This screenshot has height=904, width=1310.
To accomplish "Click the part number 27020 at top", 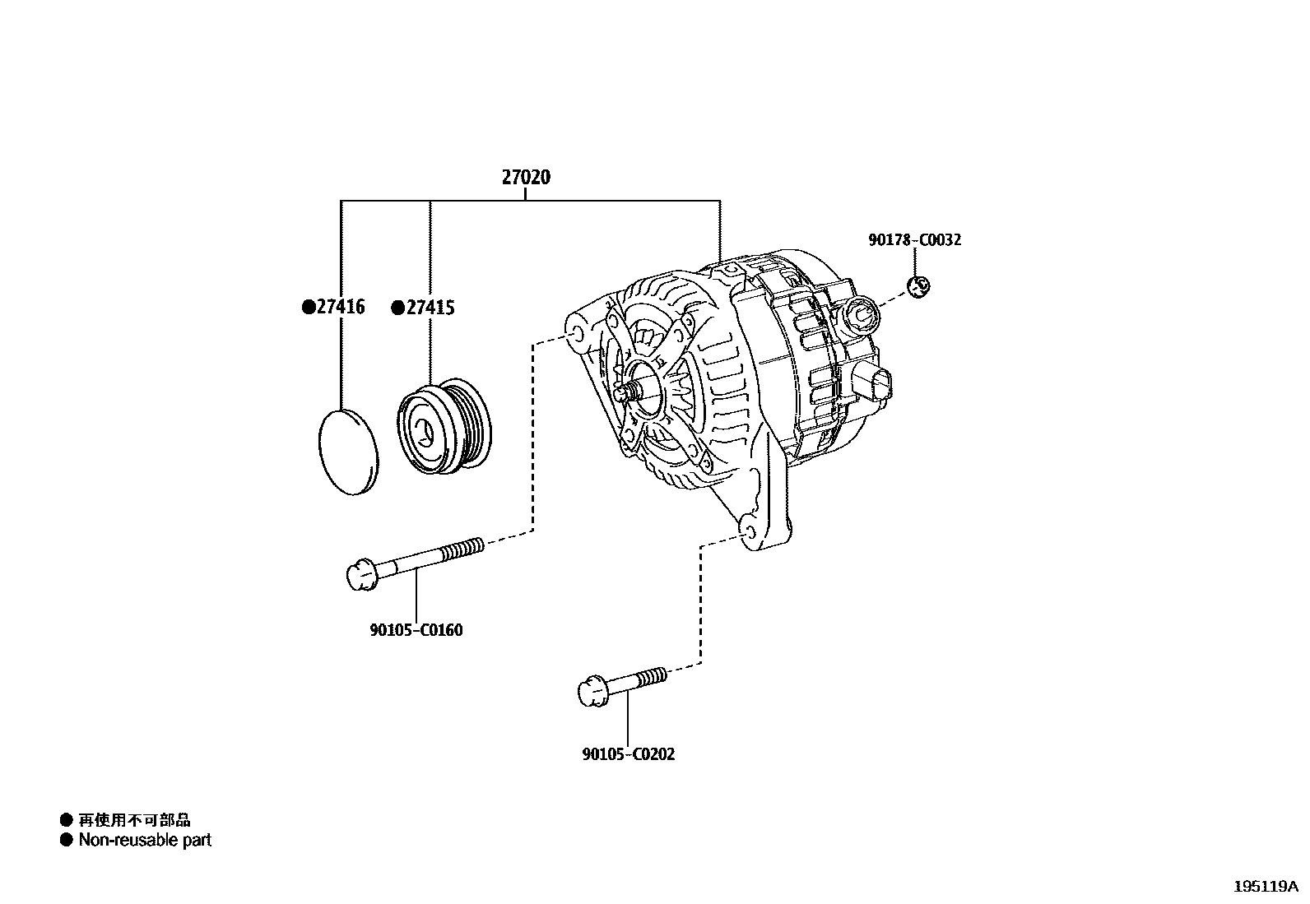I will tap(526, 177).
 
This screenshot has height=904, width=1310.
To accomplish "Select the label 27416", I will tap(340, 308).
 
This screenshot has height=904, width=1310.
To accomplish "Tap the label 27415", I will tap(430, 308).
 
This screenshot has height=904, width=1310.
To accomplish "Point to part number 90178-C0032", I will tap(914, 240).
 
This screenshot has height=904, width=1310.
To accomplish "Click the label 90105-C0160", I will tap(416, 631).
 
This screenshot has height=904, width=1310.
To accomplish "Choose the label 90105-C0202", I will tap(628, 754).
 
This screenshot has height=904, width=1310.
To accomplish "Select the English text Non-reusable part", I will tap(145, 840).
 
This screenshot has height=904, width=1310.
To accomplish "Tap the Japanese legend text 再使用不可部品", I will tap(134, 819).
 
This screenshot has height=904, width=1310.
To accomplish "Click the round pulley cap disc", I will tap(348, 451).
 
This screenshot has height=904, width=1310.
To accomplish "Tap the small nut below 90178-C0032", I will tap(918, 285).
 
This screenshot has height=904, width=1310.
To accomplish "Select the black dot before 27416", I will tap(309, 308).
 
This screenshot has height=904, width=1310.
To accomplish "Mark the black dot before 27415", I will tap(398, 308).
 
